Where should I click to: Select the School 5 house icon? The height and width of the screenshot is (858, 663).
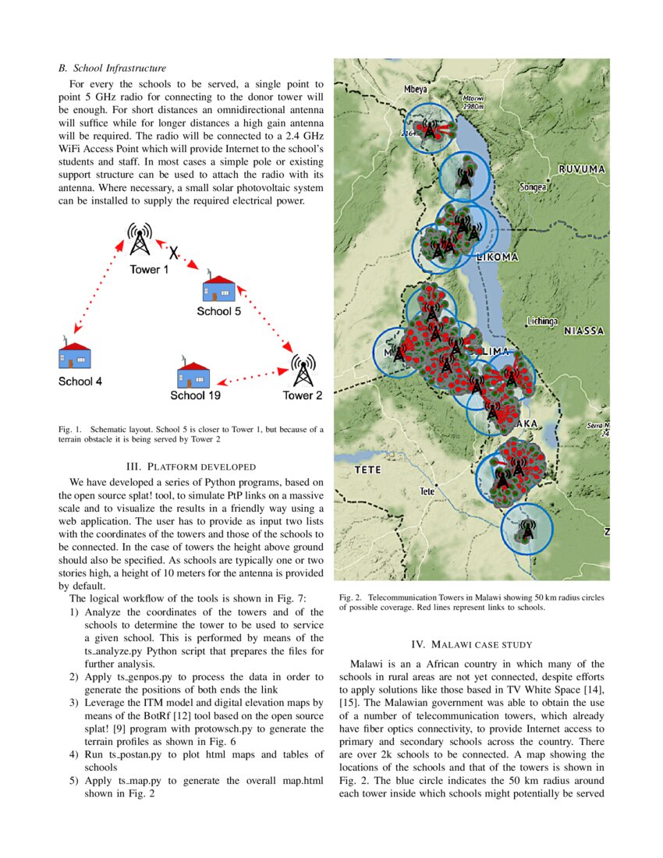coord(219,289)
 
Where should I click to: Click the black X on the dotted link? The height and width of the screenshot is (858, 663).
coord(175,253)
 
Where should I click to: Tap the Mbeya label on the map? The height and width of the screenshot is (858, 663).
coord(414,90)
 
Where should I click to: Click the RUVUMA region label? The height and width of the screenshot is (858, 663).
coord(582,168)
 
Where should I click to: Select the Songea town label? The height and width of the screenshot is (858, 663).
coord(533,187)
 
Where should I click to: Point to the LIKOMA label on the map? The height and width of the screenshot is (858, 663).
coord(497,257)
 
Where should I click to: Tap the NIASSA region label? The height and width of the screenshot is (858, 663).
coord(584,331)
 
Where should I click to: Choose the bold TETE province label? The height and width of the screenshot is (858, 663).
coord(367,470)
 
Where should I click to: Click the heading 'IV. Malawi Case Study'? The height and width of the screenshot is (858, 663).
coord(471,644)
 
